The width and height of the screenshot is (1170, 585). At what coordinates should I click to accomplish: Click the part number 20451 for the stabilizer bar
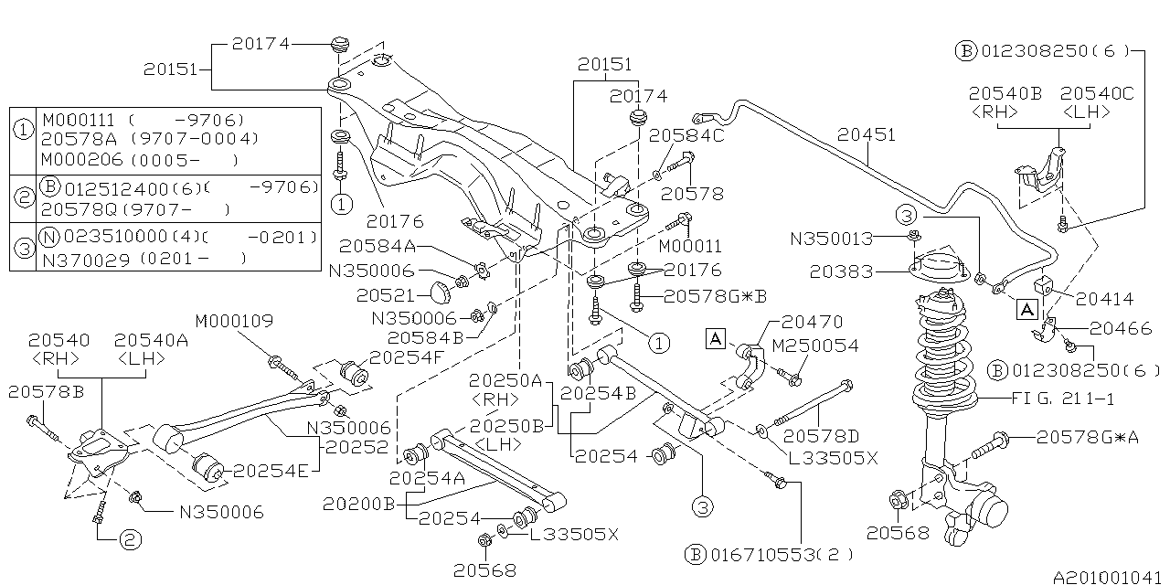867,135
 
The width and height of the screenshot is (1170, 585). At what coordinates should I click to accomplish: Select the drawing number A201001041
1109,577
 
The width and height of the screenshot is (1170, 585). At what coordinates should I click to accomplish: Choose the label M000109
234,321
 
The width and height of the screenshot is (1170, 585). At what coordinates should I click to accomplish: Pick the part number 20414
1104,298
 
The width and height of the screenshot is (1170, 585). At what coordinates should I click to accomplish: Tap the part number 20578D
821,436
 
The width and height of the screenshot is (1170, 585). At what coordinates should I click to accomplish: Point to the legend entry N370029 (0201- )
142,259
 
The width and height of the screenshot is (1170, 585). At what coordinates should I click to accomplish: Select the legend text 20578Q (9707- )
133,209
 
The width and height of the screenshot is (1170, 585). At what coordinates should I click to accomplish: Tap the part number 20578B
46,391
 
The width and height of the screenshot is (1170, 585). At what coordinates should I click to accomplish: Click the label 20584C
686,135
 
